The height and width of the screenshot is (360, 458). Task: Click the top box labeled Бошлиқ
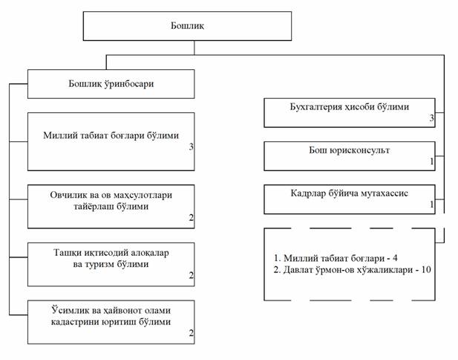point(187,26)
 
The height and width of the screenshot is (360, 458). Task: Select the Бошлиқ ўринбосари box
point(111,84)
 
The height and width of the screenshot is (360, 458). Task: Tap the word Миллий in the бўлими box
point(57,135)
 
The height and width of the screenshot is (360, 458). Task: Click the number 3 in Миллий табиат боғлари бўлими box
point(191,147)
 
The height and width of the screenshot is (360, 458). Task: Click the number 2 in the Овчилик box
point(191,217)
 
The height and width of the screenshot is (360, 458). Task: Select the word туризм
point(99,264)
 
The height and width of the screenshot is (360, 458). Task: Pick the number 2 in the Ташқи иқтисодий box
point(191,275)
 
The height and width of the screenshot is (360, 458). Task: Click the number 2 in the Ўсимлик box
point(191,332)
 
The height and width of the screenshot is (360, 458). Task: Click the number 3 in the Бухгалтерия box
point(431,118)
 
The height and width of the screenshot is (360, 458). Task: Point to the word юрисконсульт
point(359,150)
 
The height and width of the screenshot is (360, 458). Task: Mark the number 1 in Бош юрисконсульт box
point(432,161)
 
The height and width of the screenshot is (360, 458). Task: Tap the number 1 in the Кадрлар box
point(432,205)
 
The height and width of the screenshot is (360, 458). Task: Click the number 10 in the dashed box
point(426,269)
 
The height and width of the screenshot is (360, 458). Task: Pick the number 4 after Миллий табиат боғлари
point(395,258)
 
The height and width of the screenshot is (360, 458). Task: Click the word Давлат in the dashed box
point(298,269)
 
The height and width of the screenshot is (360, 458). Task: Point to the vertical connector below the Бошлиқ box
point(194,48)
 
